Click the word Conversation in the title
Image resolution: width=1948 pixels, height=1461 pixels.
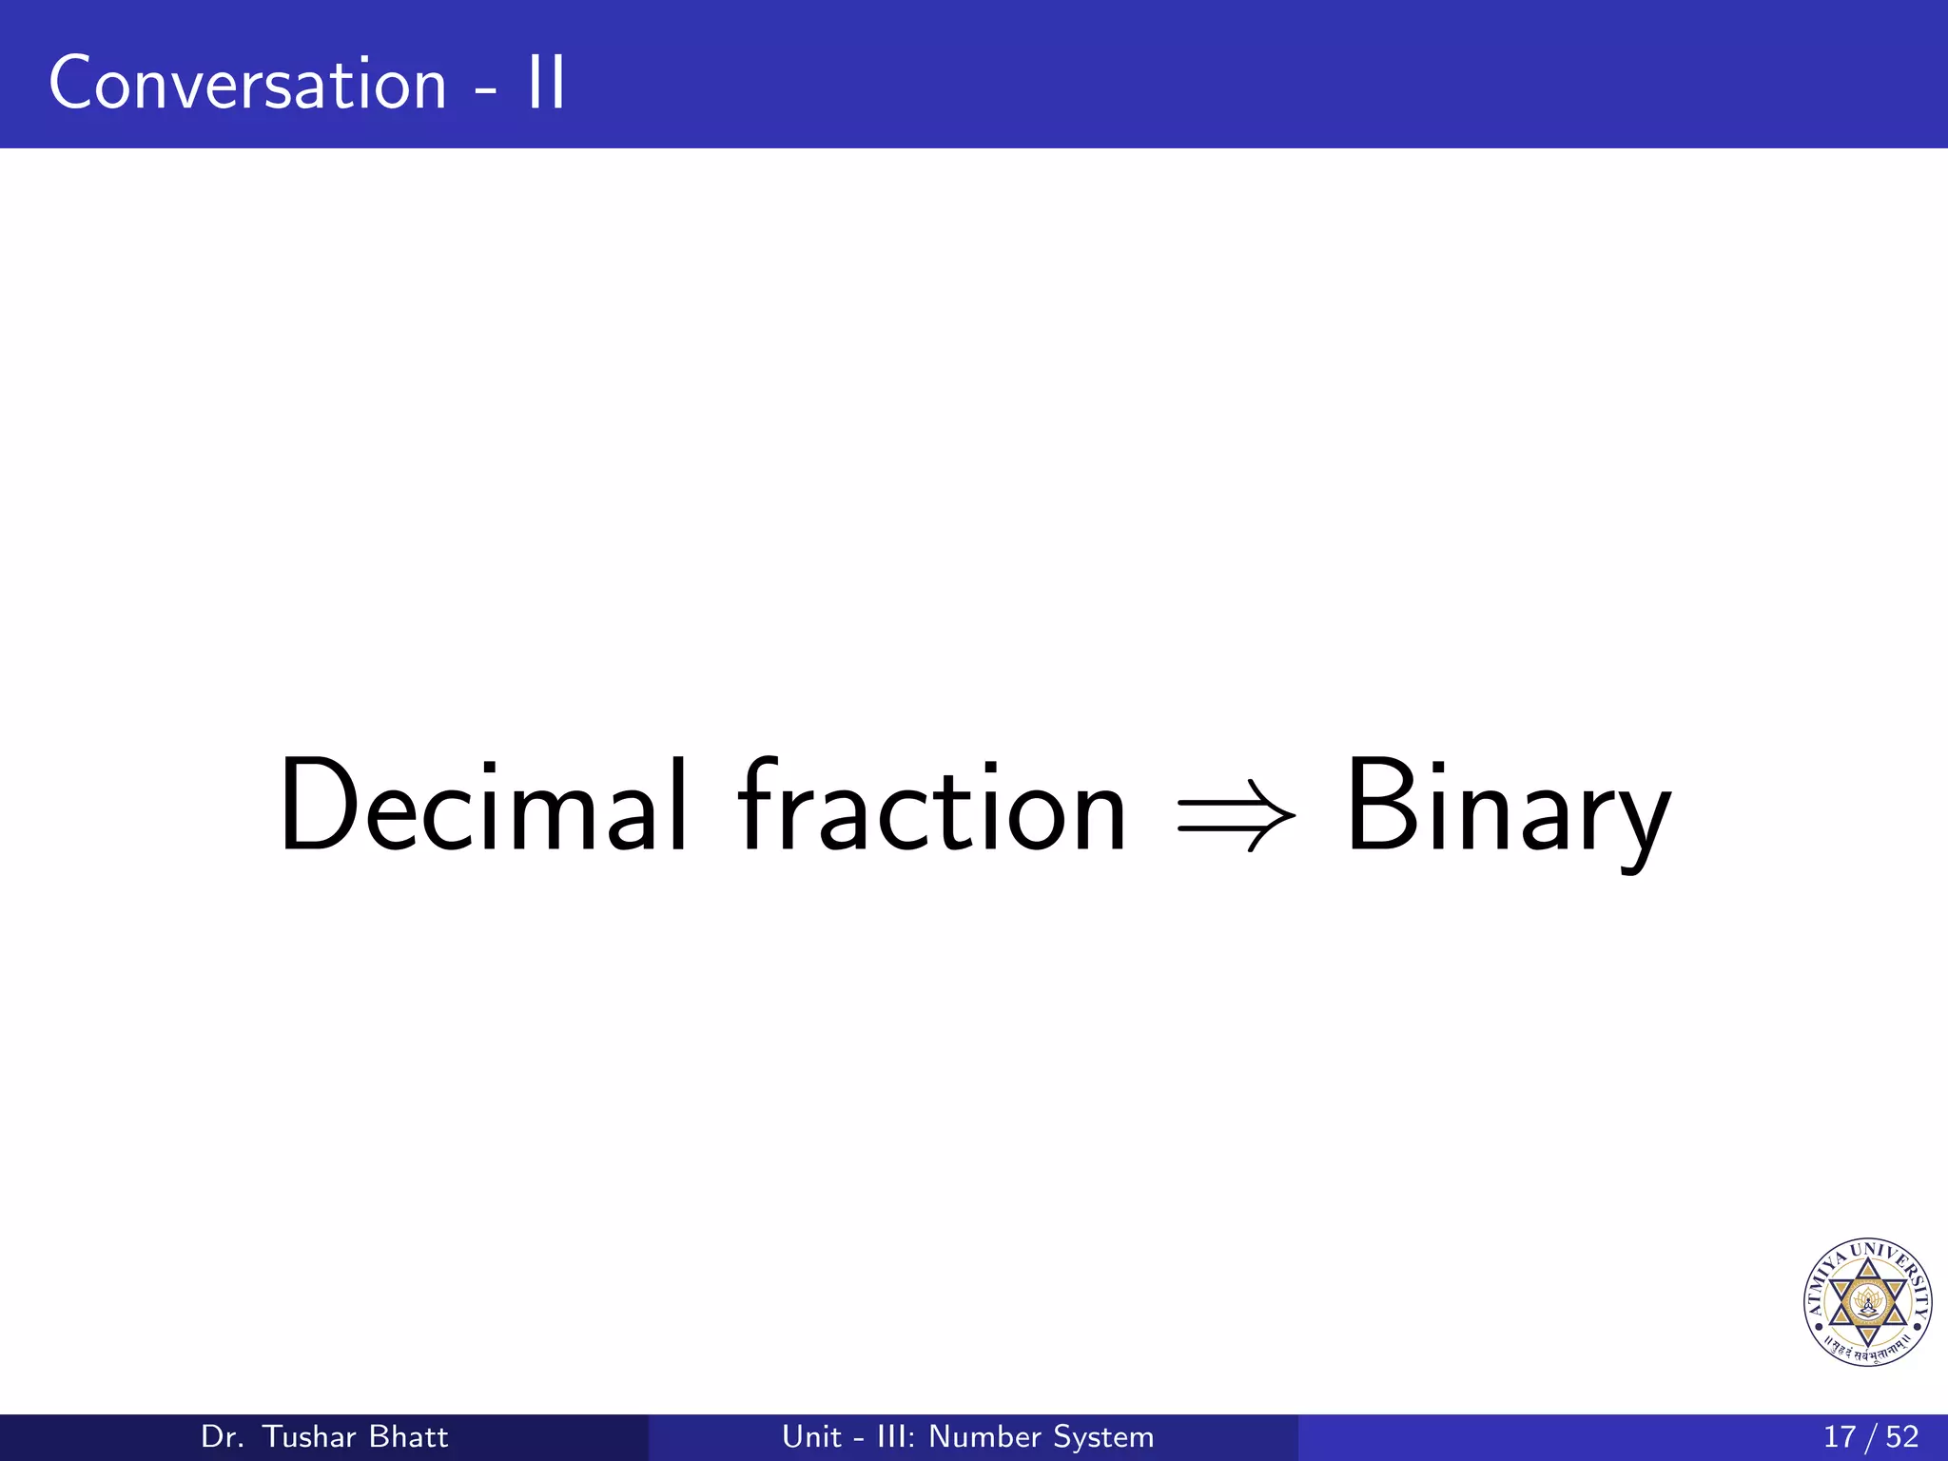point(247,84)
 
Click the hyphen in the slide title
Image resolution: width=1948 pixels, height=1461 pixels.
point(485,91)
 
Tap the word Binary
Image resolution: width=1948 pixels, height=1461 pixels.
point(1508,808)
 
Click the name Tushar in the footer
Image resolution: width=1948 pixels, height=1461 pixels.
point(307,1436)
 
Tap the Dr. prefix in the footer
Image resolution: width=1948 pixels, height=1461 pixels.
point(223,1436)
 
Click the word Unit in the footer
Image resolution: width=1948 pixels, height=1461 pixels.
point(811,1436)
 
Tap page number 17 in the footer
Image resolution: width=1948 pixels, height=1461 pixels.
point(1839,1436)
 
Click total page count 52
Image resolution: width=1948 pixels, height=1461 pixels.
point(1901,1436)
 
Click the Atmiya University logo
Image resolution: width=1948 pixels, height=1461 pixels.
point(1867,1302)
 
